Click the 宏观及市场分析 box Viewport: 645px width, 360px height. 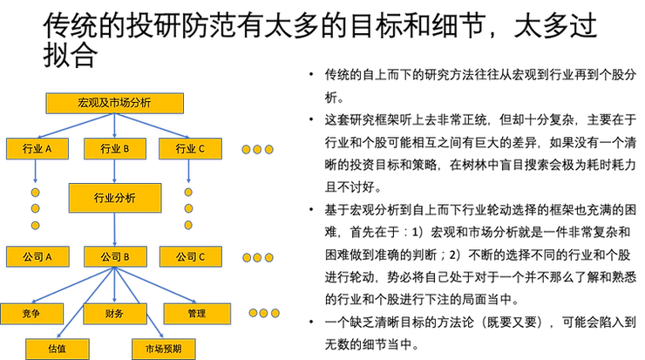[x=114, y=103]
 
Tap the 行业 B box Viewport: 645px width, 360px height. [x=114, y=149]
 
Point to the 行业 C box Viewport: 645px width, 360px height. [x=190, y=149]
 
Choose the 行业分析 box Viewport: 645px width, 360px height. [x=114, y=198]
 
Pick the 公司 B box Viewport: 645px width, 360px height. [x=114, y=257]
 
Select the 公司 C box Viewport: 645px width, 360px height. [x=190, y=257]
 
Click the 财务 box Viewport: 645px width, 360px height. [x=114, y=313]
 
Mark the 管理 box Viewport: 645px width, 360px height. [x=197, y=313]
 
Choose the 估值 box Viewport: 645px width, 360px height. [x=58, y=349]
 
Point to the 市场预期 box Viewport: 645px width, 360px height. [x=163, y=349]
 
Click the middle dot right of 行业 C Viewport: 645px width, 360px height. [x=258, y=149]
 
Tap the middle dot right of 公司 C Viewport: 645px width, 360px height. [x=258, y=258]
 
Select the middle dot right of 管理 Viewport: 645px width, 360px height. [x=264, y=312]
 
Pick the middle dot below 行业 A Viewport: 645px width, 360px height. [x=36, y=209]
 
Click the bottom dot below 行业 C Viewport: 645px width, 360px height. [x=188, y=225]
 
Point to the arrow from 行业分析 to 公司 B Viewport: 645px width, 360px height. [x=114, y=229]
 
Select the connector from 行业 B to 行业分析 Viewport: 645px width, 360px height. [x=114, y=171]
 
